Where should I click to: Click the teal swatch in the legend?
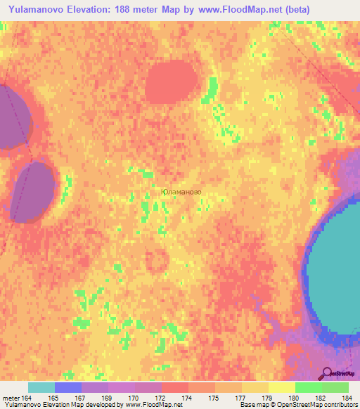coord(41,387)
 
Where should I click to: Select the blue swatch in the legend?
coord(68,387)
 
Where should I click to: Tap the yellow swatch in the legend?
coord(282,387)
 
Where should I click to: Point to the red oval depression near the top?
coord(171,82)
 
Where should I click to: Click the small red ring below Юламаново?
coord(157,261)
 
